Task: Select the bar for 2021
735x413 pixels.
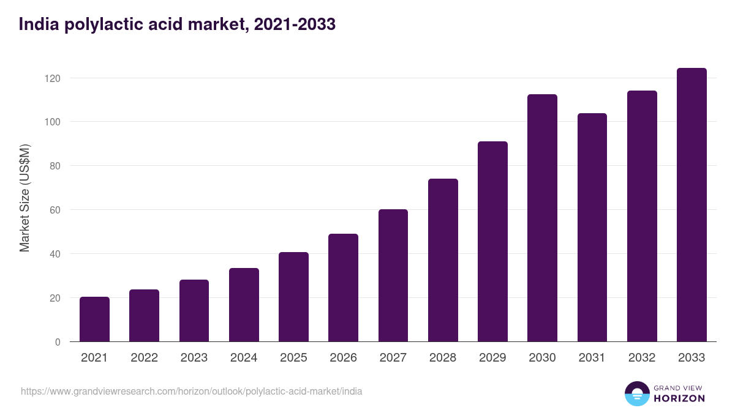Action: pyautogui.click(x=94, y=319)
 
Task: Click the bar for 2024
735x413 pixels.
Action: pyautogui.click(x=244, y=305)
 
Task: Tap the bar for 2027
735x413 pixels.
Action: pyautogui.click(x=393, y=275)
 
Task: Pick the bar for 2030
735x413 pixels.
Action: pyautogui.click(x=542, y=218)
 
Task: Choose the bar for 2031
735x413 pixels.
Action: pyautogui.click(x=592, y=228)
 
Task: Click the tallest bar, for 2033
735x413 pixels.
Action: pyautogui.click(x=692, y=205)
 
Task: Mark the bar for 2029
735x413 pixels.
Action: pyautogui.click(x=492, y=242)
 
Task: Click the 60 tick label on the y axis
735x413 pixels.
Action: pyautogui.click(x=56, y=210)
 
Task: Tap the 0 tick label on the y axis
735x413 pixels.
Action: pyautogui.click(x=58, y=342)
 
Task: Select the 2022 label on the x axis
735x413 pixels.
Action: pyautogui.click(x=144, y=358)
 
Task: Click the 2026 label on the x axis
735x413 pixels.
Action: pyautogui.click(x=343, y=358)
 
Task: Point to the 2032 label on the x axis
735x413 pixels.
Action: pyautogui.click(x=642, y=358)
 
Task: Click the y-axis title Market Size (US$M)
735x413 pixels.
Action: pyautogui.click(x=24, y=198)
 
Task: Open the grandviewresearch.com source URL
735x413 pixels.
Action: pyautogui.click(x=191, y=391)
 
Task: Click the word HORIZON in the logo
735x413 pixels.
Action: pyautogui.click(x=679, y=398)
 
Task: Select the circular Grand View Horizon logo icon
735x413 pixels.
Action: pyautogui.click(x=637, y=393)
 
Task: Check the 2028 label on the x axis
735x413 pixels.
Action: pyautogui.click(x=443, y=358)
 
